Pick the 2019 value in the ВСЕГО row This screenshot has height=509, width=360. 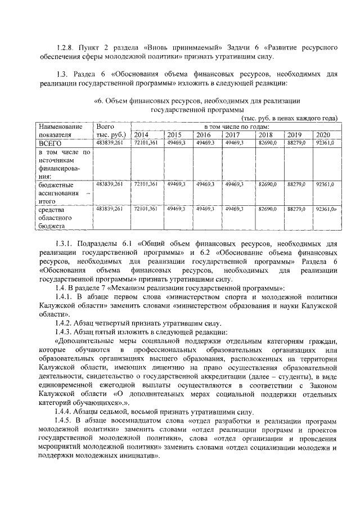[x=296, y=144]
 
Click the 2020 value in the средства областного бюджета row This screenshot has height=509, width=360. [x=325, y=209]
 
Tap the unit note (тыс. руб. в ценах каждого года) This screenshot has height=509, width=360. [x=289, y=118]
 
